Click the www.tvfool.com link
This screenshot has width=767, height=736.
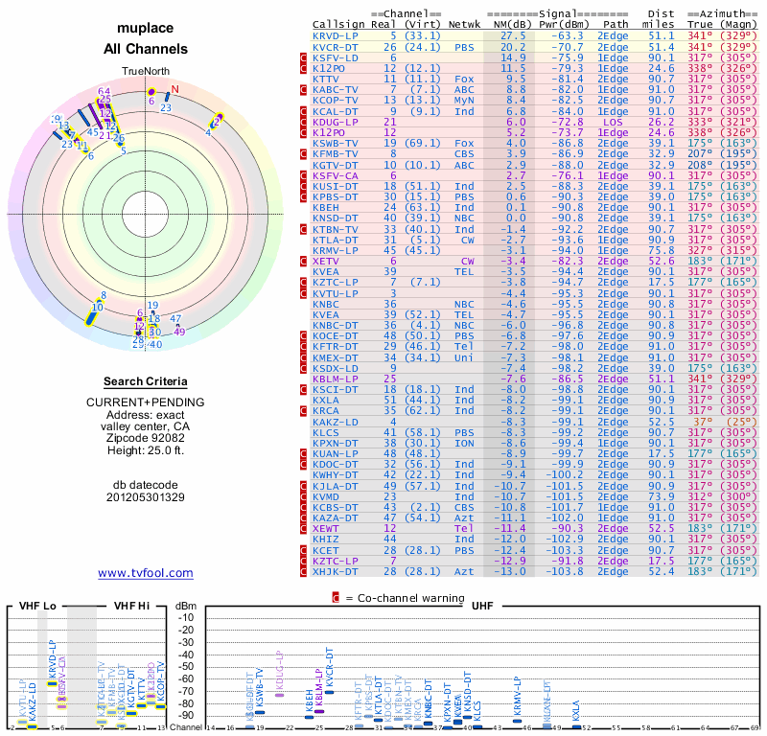pyautogui.click(x=145, y=573)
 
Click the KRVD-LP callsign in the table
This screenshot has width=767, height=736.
pyautogui.click(x=335, y=35)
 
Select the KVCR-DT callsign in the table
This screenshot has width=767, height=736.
pyautogui.click(x=335, y=47)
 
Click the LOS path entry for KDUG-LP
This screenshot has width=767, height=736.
pyautogui.click(x=614, y=122)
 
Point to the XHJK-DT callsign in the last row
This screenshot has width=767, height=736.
pyautogui.click(x=335, y=571)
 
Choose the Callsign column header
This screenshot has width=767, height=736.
pyautogui.click(x=338, y=24)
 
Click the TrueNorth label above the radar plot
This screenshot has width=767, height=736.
pyautogui.click(x=145, y=73)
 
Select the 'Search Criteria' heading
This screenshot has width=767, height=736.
pyautogui.click(x=145, y=381)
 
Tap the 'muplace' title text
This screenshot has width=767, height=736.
pyautogui.click(x=145, y=29)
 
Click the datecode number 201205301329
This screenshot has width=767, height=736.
pyautogui.click(x=145, y=497)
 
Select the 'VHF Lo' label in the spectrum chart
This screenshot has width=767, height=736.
pyautogui.click(x=37, y=606)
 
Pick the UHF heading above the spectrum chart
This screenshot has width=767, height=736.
pyautogui.click(x=480, y=606)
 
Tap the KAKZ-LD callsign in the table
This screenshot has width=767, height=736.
pyautogui.click(x=335, y=421)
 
